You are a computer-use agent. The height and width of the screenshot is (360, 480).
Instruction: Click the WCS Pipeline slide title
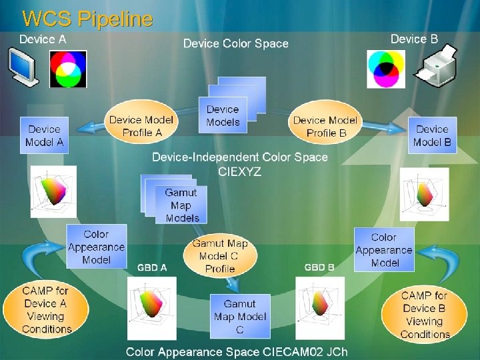coord(87,18)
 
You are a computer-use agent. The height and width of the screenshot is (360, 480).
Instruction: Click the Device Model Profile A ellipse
coord(141,125)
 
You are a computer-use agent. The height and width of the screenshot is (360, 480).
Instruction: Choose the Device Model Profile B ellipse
coord(325,125)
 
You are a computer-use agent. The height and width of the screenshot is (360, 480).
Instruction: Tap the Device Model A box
coord(44,135)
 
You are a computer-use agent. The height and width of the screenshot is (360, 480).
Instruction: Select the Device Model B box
coord(432,135)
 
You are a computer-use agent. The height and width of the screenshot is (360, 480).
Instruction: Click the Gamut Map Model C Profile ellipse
coord(219,256)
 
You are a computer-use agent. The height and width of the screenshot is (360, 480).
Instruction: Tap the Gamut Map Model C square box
coord(240,317)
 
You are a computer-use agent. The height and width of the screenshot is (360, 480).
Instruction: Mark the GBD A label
coord(152,267)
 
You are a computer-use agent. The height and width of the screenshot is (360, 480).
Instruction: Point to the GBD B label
coord(319,267)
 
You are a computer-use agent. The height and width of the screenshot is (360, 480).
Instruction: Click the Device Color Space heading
coord(236,44)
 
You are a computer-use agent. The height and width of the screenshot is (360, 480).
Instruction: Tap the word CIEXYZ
coord(240,171)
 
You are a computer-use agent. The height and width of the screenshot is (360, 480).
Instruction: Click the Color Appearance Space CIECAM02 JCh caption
coord(237,351)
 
